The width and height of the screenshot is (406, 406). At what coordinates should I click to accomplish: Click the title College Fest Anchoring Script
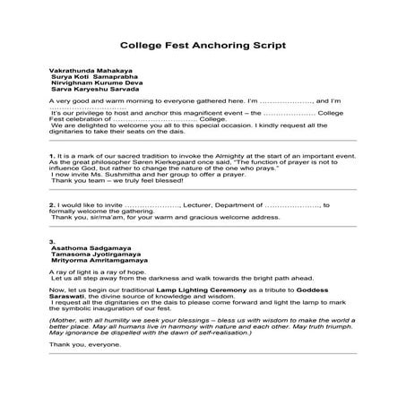(202, 45)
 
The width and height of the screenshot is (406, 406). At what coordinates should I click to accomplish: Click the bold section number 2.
(53, 204)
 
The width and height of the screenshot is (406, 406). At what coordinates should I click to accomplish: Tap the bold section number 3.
(53, 242)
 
